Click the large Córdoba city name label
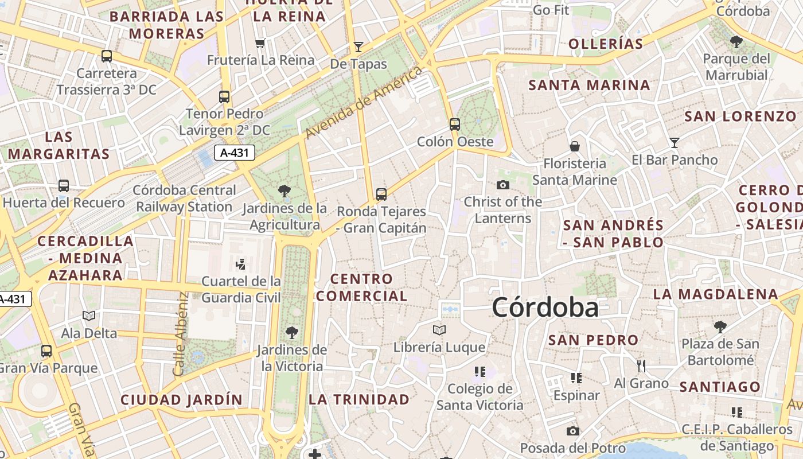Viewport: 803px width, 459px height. point(545,308)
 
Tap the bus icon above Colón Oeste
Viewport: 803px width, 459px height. point(455,124)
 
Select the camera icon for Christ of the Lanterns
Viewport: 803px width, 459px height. point(503,185)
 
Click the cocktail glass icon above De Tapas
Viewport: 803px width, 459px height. point(358,46)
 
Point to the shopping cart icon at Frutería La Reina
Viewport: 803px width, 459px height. point(260,43)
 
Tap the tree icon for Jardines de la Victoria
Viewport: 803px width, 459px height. point(292,332)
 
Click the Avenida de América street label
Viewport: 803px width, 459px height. point(365,103)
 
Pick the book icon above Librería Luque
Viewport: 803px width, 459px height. point(439,330)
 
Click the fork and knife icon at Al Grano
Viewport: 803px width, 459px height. point(641,365)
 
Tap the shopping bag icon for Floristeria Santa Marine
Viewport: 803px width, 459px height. point(574,146)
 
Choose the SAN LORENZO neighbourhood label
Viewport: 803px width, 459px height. point(740,116)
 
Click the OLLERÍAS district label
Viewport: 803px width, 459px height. point(605,44)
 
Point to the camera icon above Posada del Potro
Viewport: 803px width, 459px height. point(572,431)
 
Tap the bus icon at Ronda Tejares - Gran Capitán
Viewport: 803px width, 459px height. point(381,195)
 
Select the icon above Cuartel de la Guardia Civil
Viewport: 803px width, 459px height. point(241,264)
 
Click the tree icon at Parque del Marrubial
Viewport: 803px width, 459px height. point(736,42)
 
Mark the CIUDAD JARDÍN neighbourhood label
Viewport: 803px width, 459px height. point(181,399)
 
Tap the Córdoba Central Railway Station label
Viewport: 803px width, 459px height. point(184,198)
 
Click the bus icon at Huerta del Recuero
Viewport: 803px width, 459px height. point(64,186)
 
